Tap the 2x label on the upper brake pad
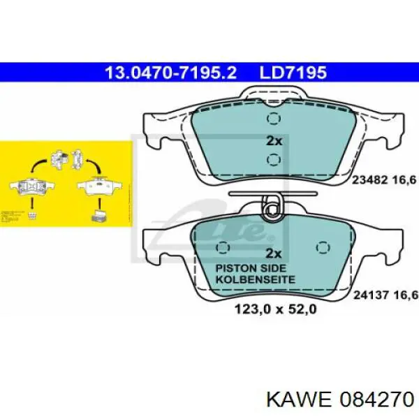(274, 140)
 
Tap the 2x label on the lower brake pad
(274, 253)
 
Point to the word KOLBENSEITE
(256, 279)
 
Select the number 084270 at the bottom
(372, 399)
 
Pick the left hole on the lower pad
(224, 247)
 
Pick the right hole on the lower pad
(323, 247)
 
